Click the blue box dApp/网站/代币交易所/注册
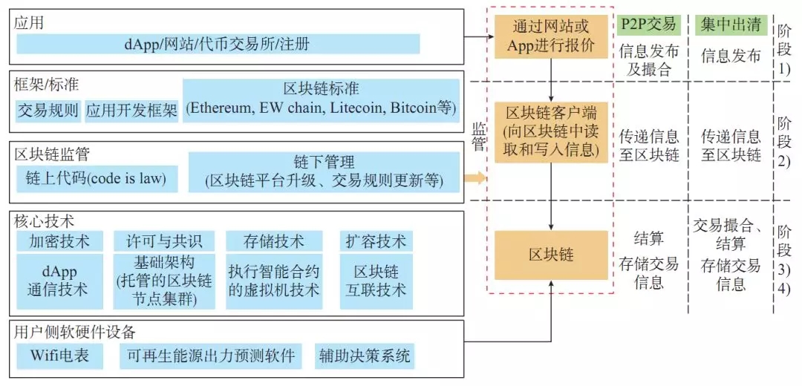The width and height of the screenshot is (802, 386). [x=218, y=44]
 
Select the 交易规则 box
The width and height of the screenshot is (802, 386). [x=48, y=111]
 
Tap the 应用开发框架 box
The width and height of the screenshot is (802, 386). [x=131, y=111]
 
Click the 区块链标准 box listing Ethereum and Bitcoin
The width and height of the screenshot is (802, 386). [x=321, y=99]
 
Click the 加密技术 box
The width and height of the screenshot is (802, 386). [x=59, y=241]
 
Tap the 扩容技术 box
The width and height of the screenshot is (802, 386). [x=376, y=241]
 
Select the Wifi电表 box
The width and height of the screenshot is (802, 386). [x=59, y=356]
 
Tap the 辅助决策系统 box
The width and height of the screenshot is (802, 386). [x=364, y=356]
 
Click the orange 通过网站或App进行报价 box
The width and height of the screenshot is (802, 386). [x=552, y=35]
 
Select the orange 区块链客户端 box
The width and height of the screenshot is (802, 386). [x=552, y=131]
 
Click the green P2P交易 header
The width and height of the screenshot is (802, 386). [x=649, y=24]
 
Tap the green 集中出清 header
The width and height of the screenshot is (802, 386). [x=731, y=24]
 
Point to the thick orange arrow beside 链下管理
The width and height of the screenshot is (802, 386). [x=475, y=178]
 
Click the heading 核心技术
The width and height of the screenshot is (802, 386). [x=39, y=221]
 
